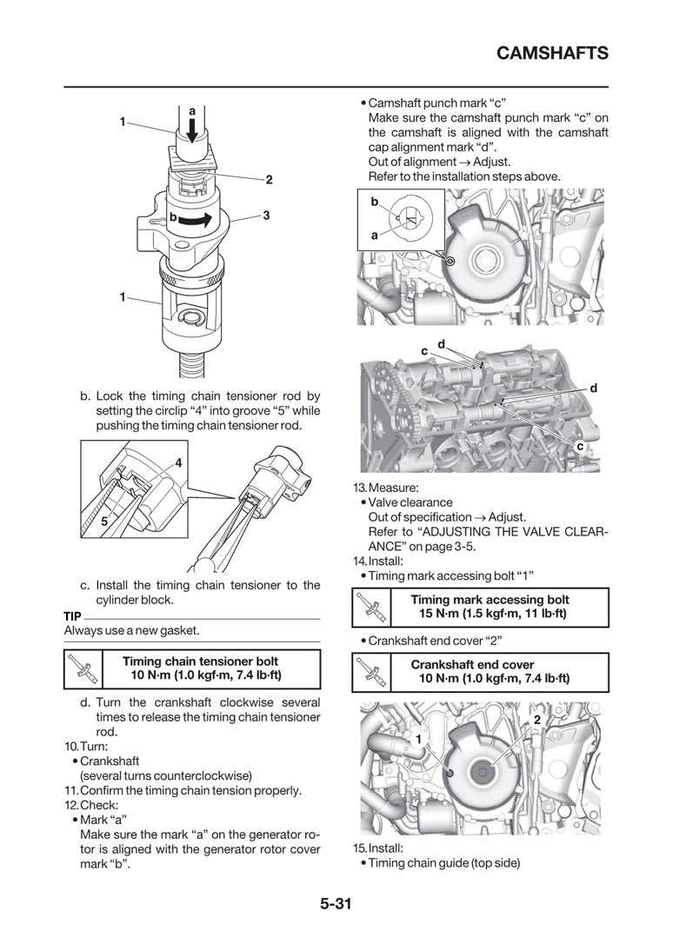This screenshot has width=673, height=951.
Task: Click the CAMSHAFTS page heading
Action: pos(552,54)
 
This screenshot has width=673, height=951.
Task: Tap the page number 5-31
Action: pos(335,903)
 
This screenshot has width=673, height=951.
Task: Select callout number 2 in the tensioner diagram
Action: pos(269,180)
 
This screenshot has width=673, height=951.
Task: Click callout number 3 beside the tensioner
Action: pos(266,215)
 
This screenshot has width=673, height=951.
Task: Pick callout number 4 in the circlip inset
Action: pos(177,464)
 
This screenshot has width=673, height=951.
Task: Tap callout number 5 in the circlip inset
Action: pos(103,522)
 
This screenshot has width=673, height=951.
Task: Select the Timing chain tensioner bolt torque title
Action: pos(200,662)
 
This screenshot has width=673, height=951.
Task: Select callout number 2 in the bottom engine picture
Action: pos(536,720)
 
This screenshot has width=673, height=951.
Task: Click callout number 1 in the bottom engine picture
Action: pos(418,739)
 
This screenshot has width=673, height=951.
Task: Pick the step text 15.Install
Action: pos(378,848)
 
